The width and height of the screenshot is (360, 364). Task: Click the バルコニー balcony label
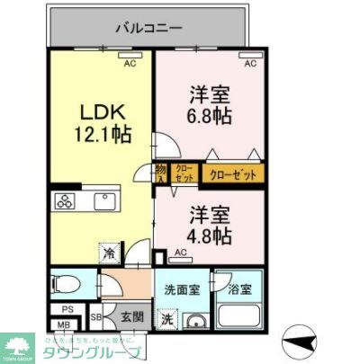point(146,27)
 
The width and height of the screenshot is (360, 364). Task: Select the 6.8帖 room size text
point(209,115)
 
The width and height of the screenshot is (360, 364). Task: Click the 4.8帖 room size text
point(209,235)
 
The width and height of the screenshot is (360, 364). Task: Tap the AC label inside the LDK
point(130,63)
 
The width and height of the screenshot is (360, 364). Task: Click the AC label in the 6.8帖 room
point(250,63)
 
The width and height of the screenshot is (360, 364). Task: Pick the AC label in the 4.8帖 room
point(180,253)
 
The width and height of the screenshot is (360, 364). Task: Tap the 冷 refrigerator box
point(109,253)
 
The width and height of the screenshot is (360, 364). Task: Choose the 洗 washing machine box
point(166,317)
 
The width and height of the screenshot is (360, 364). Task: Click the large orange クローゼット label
point(233,174)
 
